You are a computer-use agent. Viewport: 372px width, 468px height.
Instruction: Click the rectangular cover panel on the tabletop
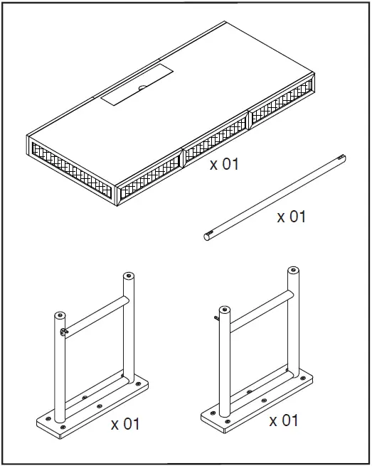pyautogui.click(x=137, y=84)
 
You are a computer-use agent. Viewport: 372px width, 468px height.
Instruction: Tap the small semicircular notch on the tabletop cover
pyautogui.click(x=142, y=88)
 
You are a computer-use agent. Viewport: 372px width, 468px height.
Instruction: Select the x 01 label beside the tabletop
pyautogui.click(x=224, y=165)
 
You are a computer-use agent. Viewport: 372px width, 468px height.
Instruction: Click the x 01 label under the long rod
pyautogui.click(x=291, y=217)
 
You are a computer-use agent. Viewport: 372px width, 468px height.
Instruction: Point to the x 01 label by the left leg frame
pyautogui.click(x=125, y=424)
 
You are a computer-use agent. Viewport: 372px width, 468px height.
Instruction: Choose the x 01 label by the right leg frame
pyautogui.click(x=284, y=421)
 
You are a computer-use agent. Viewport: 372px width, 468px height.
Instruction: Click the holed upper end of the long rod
pyautogui.click(x=341, y=157)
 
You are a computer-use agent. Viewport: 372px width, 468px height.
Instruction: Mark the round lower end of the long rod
pyautogui.click(x=207, y=237)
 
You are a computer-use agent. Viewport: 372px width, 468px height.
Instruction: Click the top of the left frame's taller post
pyautogui.click(x=129, y=275)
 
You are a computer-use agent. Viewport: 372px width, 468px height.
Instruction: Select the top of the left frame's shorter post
pyautogui.click(x=60, y=315)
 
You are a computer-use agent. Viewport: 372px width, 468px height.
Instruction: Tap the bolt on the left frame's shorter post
pyautogui.click(x=64, y=332)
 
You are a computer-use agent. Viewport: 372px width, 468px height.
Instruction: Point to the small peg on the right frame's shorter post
pyautogui.click(x=216, y=318)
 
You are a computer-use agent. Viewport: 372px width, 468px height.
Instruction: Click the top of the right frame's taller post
pyautogui.click(x=293, y=271)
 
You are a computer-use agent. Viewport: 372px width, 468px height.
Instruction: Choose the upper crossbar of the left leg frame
pyautogui.click(x=96, y=317)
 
